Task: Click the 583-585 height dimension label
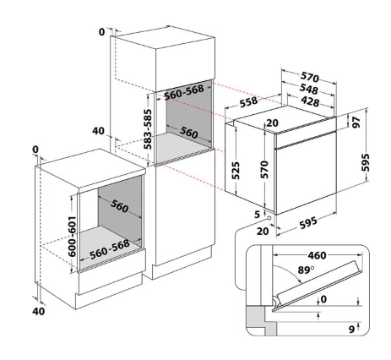pos(148,129)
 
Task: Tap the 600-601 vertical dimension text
pos(73,237)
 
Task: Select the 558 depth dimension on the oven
pos(248,102)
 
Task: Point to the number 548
pos(308,89)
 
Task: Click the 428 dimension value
pos(310,101)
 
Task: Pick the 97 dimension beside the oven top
pos(356,123)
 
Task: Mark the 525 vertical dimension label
pos(236,171)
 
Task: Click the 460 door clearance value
pos(317,255)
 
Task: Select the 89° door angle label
pos(306,270)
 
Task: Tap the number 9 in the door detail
pos(351,330)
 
